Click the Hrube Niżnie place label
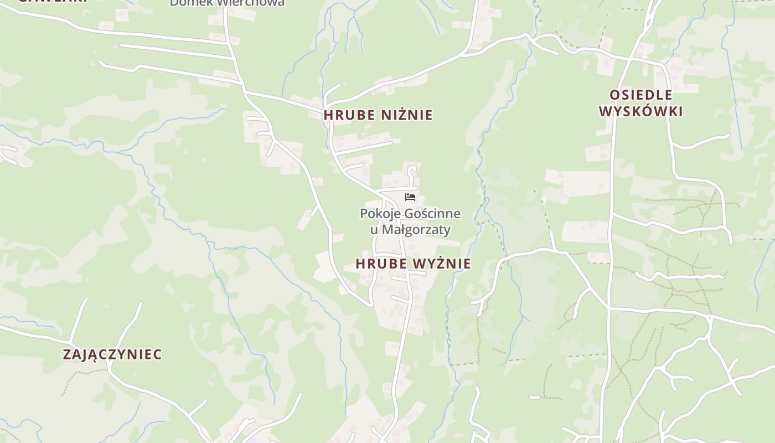click(x=378, y=115)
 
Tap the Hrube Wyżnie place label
click(x=413, y=264)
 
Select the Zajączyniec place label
click(x=112, y=354)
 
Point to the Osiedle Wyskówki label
click(x=641, y=103)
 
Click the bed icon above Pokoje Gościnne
click(x=410, y=197)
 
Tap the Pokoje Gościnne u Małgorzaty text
click(x=410, y=221)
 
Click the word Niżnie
click(x=407, y=115)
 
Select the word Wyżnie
click(x=443, y=264)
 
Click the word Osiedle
click(x=641, y=95)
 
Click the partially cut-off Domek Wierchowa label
click(x=227, y=3)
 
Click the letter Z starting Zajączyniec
click(x=68, y=354)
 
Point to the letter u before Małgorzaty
click(x=374, y=229)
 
